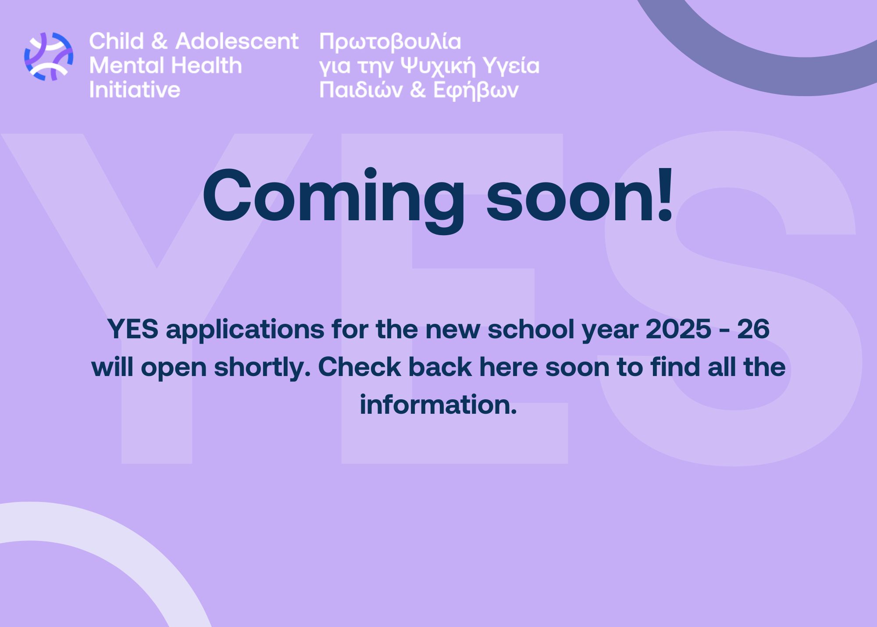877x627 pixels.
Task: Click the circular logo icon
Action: [x=49, y=57]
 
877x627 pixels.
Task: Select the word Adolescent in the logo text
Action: [x=237, y=41]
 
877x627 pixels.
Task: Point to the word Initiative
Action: [x=135, y=90]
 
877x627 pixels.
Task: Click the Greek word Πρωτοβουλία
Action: [x=390, y=42]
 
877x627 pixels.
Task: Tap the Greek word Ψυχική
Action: [x=438, y=66]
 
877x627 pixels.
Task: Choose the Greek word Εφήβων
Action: [x=476, y=90]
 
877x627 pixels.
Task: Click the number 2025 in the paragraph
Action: [x=678, y=329]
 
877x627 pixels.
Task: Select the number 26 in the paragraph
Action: [x=753, y=329]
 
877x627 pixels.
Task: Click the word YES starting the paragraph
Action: [x=133, y=329]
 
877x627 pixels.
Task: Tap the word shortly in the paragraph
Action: [x=262, y=368]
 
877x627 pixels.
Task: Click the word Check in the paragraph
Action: [x=360, y=367]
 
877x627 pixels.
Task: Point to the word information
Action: [x=438, y=405]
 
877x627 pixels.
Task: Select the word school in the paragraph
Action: [x=531, y=329]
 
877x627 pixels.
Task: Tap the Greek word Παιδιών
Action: [x=361, y=90]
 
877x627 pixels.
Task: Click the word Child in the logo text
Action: [x=117, y=41]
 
